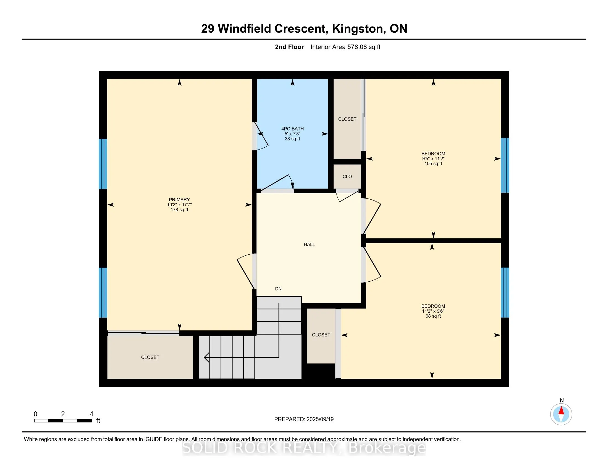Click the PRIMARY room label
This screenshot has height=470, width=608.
pos(179,200)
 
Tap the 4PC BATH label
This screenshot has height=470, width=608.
pos(292,129)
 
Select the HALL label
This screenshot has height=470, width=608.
pos(309,244)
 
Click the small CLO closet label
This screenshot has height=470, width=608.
pos(347,177)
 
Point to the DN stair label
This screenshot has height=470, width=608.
pos(278,289)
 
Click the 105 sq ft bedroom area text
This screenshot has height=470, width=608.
pos(433,164)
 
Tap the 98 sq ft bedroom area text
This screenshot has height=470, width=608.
pos(433,316)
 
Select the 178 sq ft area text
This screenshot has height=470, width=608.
pos(179,210)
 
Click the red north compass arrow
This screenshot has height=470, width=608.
pos(561,411)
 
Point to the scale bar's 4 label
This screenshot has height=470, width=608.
pos(91,414)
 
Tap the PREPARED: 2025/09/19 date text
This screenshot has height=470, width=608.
pos(304,419)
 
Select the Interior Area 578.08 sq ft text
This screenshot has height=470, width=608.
pos(345,47)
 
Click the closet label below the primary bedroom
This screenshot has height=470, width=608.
pos(150,357)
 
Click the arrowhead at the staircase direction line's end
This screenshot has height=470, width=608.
pos(206,357)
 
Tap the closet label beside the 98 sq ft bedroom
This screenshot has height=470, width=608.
pos(321,335)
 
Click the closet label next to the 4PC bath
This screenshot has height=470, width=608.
pos(347,119)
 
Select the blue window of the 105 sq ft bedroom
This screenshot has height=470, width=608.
pos(505,165)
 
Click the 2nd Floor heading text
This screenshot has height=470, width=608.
pos(289,47)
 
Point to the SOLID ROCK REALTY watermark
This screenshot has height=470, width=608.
pos(304,448)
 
